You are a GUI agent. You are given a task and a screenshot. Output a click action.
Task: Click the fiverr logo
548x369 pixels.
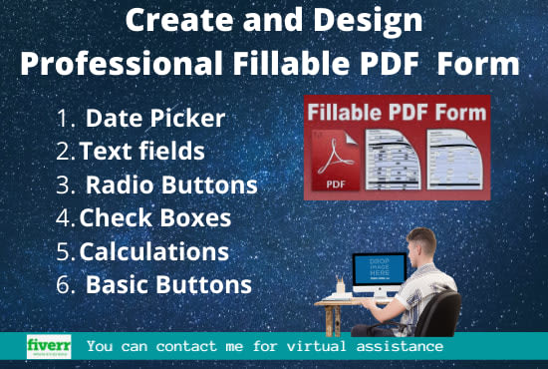[x=48, y=345]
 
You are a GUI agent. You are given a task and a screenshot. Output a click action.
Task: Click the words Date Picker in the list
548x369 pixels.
[x=154, y=118]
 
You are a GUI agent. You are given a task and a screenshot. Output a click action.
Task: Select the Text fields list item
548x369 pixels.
[x=142, y=152]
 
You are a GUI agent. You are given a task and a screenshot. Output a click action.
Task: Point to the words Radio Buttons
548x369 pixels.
[x=170, y=184]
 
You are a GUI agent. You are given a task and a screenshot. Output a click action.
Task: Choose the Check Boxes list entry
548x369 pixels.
[x=154, y=217]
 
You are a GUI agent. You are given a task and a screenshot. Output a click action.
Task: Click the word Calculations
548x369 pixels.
[x=153, y=250]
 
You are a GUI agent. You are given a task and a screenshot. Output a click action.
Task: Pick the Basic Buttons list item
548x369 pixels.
[x=167, y=284]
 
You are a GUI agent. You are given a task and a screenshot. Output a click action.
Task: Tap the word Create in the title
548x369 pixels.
[x=175, y=20]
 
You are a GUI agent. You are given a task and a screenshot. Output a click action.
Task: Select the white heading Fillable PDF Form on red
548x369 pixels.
[x=396, y=112]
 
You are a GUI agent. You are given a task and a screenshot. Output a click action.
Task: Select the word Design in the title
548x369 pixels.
[x=368, y=20]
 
